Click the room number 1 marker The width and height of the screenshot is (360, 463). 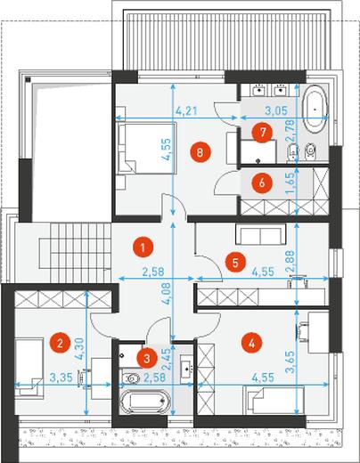[143, 247]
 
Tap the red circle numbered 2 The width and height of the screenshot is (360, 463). [60, 344]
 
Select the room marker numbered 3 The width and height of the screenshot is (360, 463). [147, 358]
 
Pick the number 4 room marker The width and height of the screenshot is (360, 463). [252, 344]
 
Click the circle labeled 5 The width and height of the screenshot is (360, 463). [235, 263]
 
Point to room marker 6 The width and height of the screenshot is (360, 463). [262, 183]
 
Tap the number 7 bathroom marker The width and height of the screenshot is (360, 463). [263, 133]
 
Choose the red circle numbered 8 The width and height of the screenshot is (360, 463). [200, 152]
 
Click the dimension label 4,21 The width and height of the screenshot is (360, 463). [186, 111]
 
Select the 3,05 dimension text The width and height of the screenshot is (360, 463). [276, 110]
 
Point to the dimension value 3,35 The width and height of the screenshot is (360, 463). [61, 378]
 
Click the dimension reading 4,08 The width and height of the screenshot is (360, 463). [167, 293]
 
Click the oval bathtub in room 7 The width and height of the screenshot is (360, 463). [315, 110]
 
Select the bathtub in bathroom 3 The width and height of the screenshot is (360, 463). [145, 401]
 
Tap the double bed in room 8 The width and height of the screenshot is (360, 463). [146, 148]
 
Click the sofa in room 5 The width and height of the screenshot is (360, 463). [261, 234]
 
